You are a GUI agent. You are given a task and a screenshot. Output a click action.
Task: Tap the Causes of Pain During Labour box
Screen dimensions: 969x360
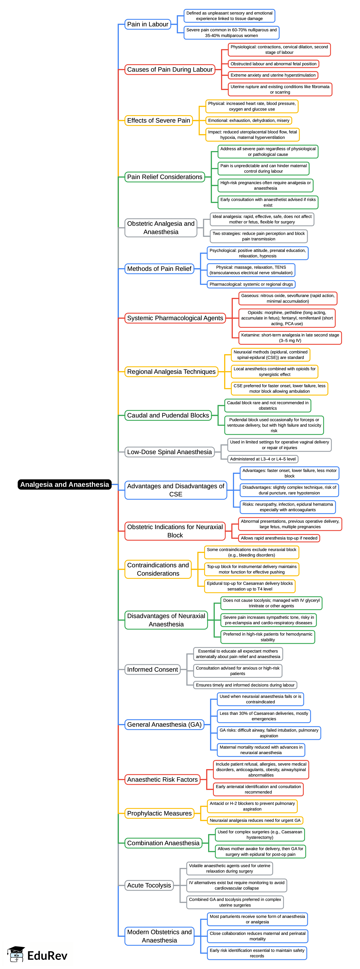(170, 70)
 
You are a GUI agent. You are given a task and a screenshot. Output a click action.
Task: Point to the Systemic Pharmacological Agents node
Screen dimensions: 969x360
(175, 318)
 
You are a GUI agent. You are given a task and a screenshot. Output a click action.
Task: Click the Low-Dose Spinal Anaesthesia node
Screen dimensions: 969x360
(169, 452)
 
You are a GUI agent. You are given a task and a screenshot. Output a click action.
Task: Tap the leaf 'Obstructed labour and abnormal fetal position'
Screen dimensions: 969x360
(273, 64)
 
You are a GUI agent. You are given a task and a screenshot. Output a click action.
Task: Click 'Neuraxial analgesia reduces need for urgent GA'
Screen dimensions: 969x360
(255, 820)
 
